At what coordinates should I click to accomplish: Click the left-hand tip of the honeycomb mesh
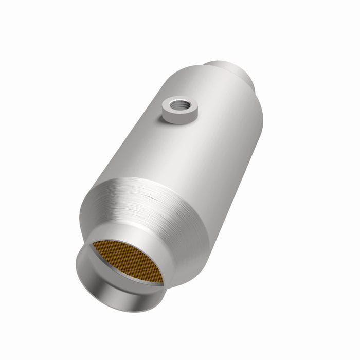(92, 245)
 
